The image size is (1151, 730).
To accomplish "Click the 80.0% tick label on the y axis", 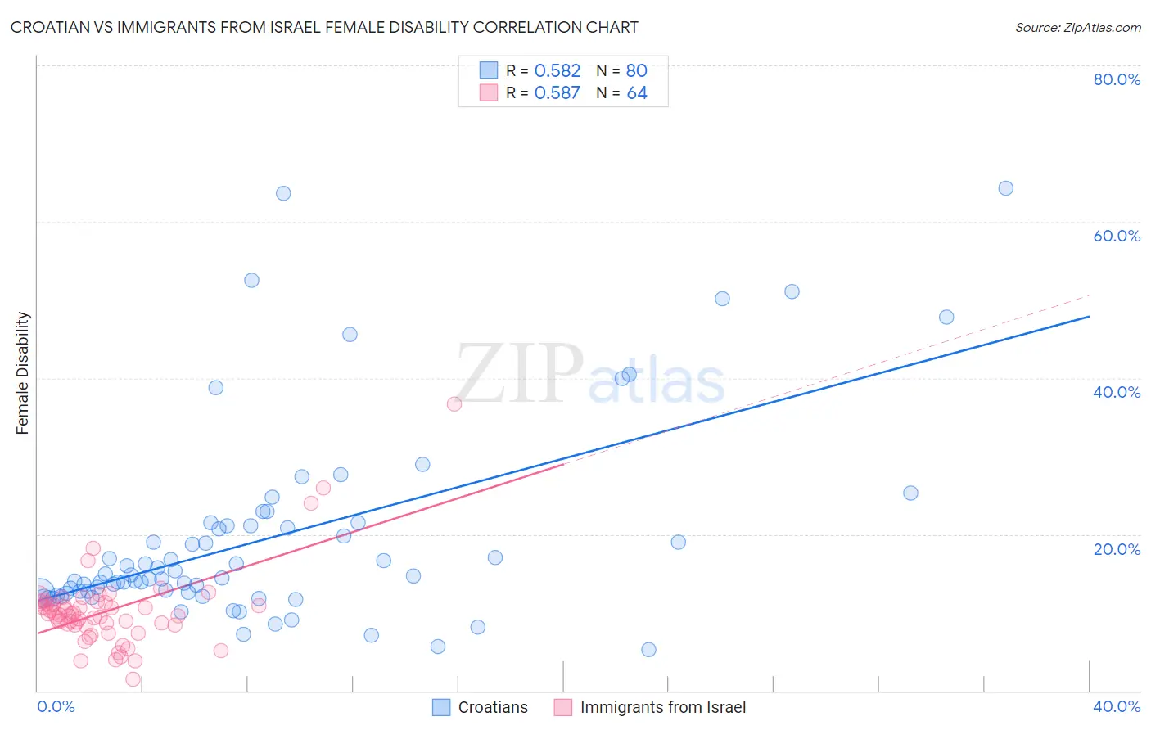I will [1117, 79].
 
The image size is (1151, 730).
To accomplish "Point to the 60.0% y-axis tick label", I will [1117, 236].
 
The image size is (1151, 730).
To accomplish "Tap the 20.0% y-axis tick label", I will [1117, 549].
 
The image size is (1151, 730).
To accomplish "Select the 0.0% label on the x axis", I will [56, 706].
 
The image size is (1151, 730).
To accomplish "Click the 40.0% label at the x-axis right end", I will [1117, 706].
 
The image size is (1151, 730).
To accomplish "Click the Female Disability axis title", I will [23, 373].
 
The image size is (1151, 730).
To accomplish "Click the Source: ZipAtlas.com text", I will [1077, 27].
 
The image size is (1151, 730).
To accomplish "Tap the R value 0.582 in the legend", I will [557, 70].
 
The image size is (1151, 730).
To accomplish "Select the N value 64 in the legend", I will [637, 92].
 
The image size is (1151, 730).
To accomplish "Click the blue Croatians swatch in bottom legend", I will [441, 707].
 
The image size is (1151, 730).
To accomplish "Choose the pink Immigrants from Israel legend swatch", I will [563, 707].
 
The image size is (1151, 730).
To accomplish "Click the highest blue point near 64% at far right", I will [1005, 188].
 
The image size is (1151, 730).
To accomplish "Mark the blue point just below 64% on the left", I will [283, 193].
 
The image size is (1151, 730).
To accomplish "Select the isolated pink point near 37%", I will [454, 403].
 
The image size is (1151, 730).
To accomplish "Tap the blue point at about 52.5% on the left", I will [251, 280].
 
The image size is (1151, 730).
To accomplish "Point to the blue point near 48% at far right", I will [946, 317].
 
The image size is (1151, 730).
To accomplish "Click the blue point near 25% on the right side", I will [910, 493].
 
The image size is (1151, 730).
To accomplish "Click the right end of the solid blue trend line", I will [1089, 316].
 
